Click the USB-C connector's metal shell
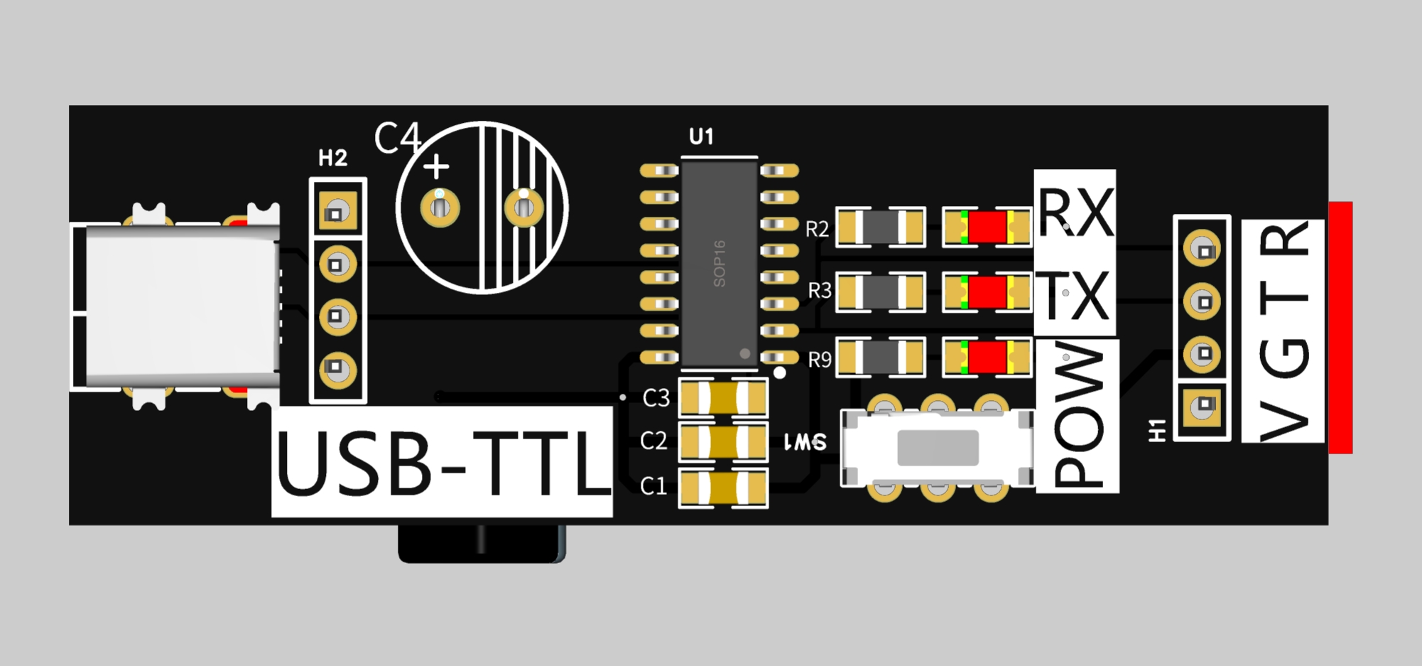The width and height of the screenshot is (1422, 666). pyautogui.click(x=181, y=306)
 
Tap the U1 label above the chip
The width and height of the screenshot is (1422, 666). pyautogui.click(x=701, y=136)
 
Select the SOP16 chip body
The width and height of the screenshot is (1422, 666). pyautogui.click(x=720, y=263)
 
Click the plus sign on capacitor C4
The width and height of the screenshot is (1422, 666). pyautogui.click(x=436, y=167)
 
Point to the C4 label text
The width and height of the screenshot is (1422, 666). pyautogui.click(x=397, y=138)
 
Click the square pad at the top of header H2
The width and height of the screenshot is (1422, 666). pyautogui.click(x=337, y=212)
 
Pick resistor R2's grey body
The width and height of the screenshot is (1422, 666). pyautogui.click(x=881, y=227)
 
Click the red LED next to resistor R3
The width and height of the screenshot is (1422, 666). pyautogui.click(x=987, y=292)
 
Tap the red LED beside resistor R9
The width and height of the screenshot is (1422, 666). pyautogui.click(x=987, y=357)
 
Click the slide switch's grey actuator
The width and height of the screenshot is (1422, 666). pyautogui.click(x=938, y=448)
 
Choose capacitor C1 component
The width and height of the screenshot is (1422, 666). pyautogui.click(x=723, y=488)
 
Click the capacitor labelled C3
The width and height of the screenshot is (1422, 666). pyautogui.click(x=723, y=398)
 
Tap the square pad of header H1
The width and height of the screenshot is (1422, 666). pyautogui.click(x=1203, y=405)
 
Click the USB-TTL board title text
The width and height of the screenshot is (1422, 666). pyautogui.click(x=442, y=463)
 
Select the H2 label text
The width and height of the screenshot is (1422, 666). pyautogui.click(x=332, y=158)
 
